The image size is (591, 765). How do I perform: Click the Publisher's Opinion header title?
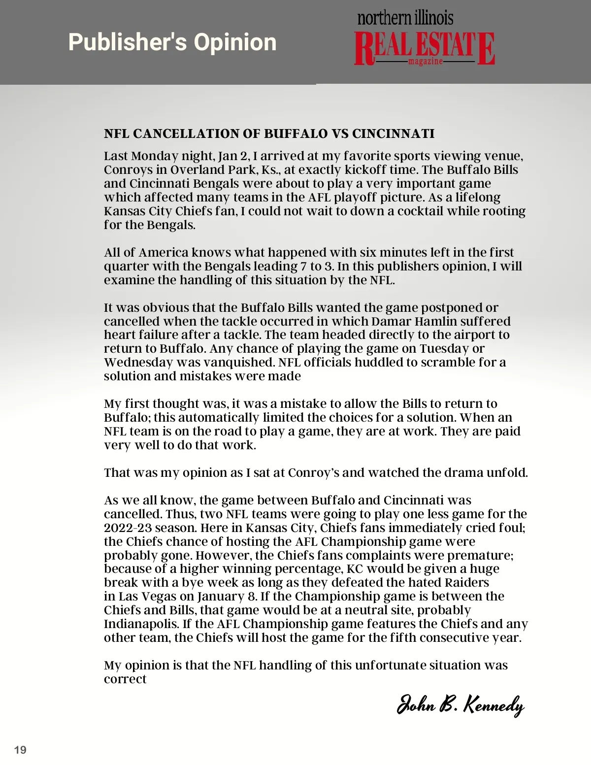tap(172, 42)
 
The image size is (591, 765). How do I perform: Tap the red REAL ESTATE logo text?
tap(424, 48)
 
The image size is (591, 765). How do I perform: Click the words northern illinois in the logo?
tap(405, 19)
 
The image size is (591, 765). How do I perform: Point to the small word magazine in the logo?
tap(426, 62)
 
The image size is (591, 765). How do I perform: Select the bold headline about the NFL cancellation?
tap(269, 134)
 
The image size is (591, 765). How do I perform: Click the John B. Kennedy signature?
tap(460, 705)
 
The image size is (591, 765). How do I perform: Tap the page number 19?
tap(21, 750)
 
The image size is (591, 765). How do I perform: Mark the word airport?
tap(473, 335)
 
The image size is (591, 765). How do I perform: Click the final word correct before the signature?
tap(125, 679)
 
